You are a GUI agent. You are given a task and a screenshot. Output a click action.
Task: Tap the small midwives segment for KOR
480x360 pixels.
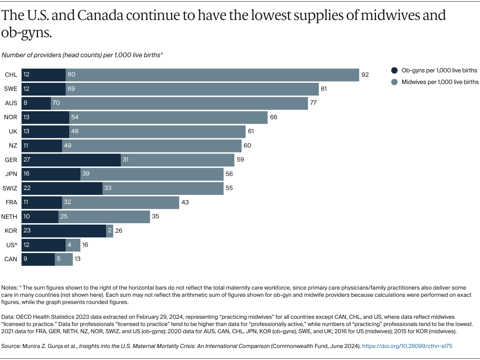pyautogui.click(x=110, y=231)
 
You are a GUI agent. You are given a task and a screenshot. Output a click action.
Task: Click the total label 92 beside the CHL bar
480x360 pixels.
pyautogui.click(x=365, y=75)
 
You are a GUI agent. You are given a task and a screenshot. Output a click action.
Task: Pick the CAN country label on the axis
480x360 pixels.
pyautogui.click(x=11, y=259)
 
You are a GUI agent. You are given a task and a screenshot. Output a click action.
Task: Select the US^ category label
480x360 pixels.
pyautogui.click(x=11, y=245)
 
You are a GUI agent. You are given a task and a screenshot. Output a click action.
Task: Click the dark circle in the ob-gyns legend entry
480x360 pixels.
pyautogui.click(x=394, y=70)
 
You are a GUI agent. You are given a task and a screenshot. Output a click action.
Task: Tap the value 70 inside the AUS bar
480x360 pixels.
pyautogui.click(x=56, y=103)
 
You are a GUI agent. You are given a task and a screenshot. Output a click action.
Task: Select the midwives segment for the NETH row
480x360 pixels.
pyautogui.click(x=104, y=217)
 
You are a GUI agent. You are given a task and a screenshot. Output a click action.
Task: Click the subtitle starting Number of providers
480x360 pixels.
pyautogui.click(x=82, y=55)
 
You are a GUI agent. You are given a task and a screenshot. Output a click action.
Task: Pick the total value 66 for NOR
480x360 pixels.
pyautogui.click(x=274, y=117)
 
